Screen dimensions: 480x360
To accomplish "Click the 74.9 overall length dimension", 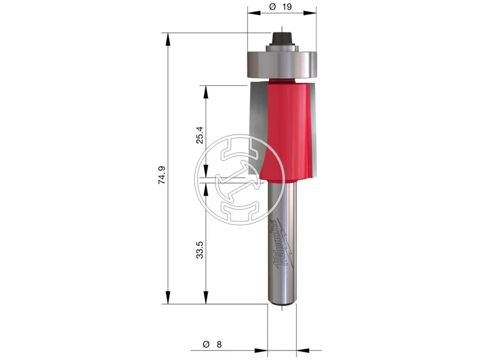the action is [x=162, y=175].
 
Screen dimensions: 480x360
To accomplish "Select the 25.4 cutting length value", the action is [x=200, y=136].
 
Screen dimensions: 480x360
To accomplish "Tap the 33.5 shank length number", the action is [x=200, y=250].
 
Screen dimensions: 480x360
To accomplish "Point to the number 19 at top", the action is [x=287, y=7].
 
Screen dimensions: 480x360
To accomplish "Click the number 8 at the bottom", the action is [x=219, y=344].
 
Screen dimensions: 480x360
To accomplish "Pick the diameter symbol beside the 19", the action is [x=273, y=7].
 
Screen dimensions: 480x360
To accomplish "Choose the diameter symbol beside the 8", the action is [x=206, y=344].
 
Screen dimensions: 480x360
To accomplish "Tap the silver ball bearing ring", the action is [x=281, y=65].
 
